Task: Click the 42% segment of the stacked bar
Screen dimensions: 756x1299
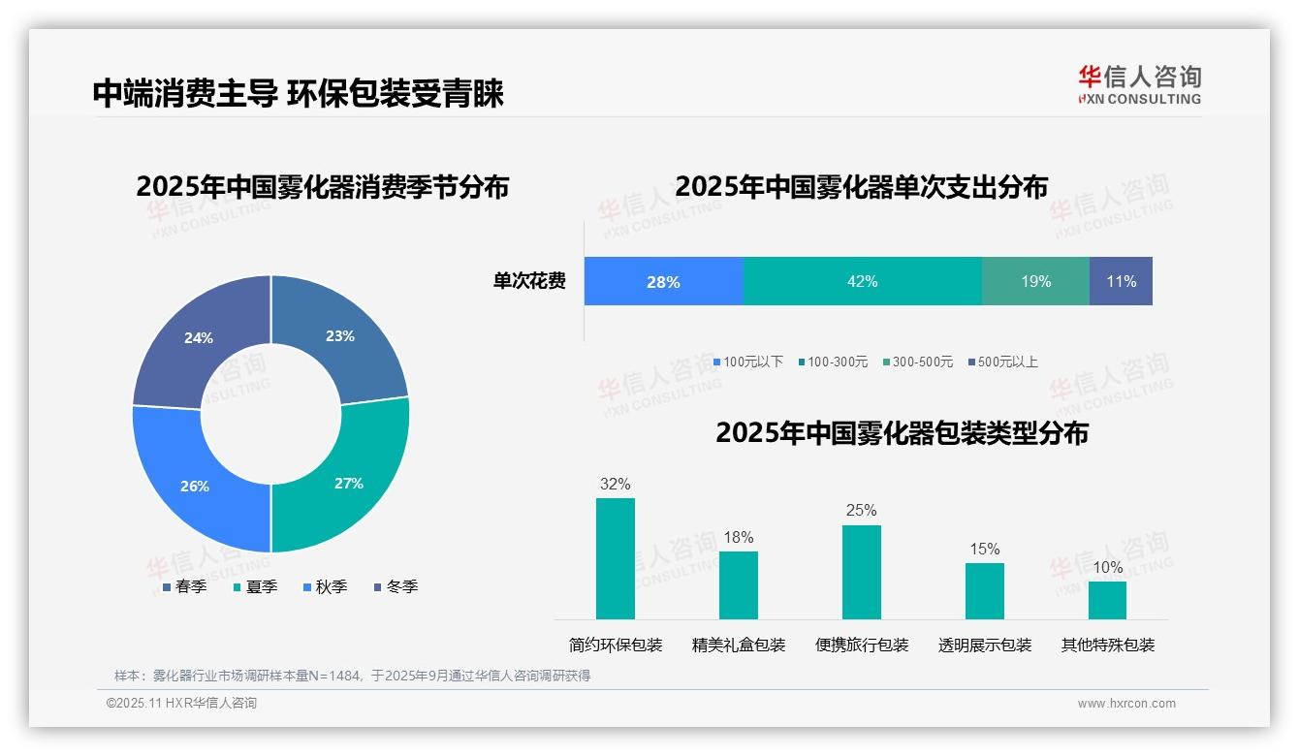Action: click(x=862, y=281)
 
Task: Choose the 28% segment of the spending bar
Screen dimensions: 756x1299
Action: click(x=663, y=281)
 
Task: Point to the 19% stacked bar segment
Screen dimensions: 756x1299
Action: click(x=1035, y=281)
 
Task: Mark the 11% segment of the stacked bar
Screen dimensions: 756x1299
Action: click(x=1121, y=281)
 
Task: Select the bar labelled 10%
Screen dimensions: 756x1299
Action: click(x=1107, y=600)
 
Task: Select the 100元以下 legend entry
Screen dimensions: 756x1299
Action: click(x=747, y=362)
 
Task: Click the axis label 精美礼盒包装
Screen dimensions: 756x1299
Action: click(x=738, y=645)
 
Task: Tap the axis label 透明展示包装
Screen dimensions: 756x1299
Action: click(x=984, y=645)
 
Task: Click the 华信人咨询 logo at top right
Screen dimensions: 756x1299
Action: click(x=1139, y=84)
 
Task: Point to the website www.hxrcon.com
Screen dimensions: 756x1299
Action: click(x=1125, y=703)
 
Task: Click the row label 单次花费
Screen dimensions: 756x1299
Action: click(x=529, y=281)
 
